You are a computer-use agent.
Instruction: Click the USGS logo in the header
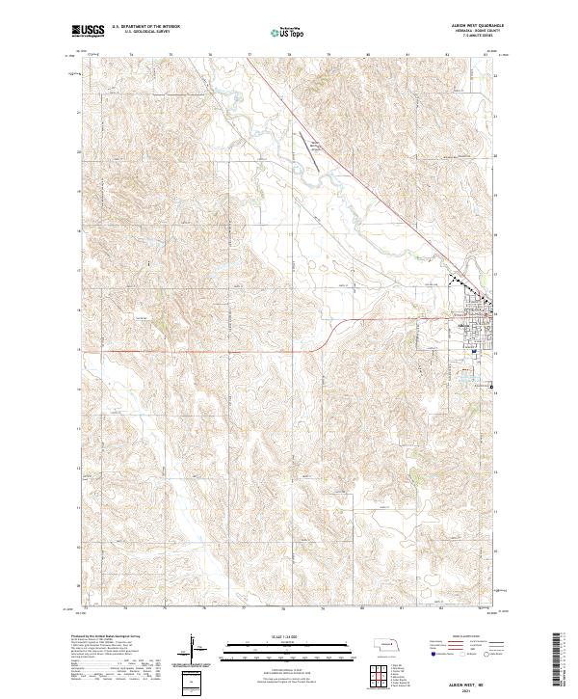point(89,31)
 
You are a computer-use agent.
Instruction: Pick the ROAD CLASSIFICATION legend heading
point(460,637)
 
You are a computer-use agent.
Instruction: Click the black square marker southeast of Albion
point(491,386)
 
